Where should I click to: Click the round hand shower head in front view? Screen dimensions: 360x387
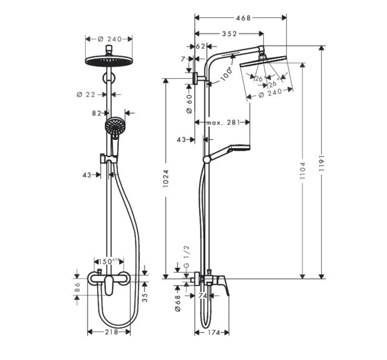click(114, 126)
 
